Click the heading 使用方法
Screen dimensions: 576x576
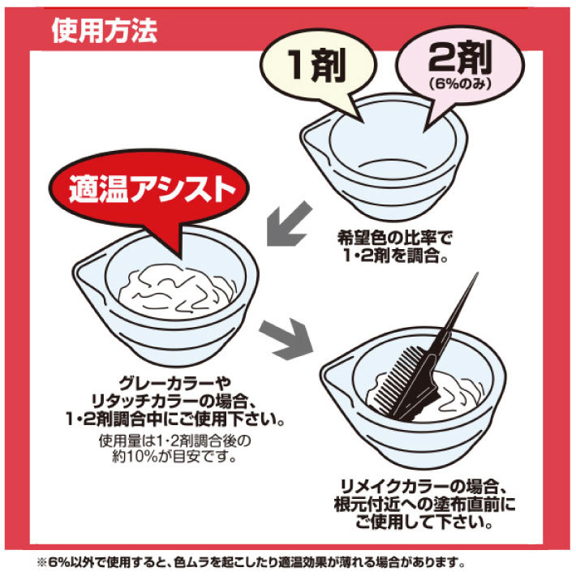coord(105,31)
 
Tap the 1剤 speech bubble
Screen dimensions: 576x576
coord(318,67)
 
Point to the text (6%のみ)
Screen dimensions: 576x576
coord(460,84)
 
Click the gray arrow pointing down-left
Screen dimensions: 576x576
coord(289,224)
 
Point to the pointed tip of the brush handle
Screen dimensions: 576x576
coord(478,273)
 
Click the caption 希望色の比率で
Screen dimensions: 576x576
coord(395,238)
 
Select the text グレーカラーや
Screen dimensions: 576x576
coord(175,384)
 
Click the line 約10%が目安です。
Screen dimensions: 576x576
coord(174,457)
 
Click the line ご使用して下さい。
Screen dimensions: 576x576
coord(423,522)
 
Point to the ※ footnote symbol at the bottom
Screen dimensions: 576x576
coord(41,562)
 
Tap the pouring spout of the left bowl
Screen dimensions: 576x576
coord(84,273)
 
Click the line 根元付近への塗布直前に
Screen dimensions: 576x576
coord(424,505)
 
